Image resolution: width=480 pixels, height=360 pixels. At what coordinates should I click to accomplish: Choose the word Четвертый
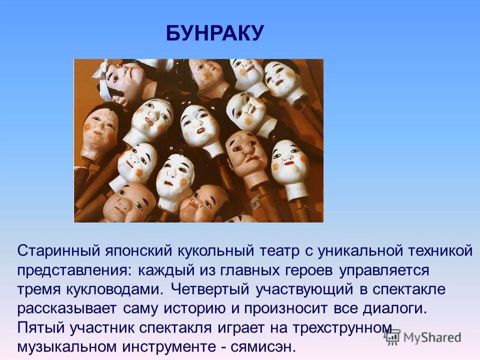210,289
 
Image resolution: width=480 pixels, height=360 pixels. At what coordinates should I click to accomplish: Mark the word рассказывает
64,308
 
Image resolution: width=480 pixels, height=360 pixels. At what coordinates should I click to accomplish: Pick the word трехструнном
334,327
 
